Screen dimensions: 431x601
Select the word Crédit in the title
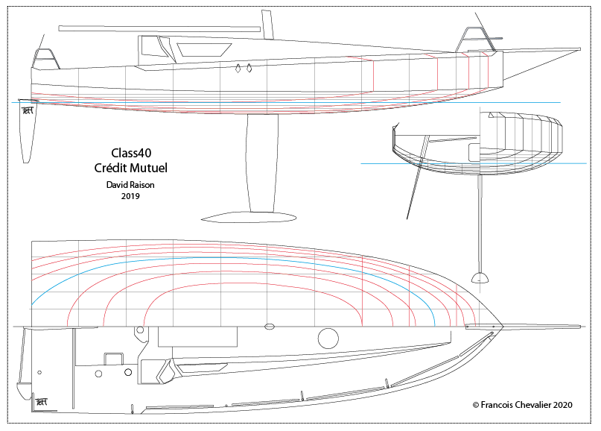point(112,168)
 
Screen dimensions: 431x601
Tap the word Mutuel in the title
point(152,168)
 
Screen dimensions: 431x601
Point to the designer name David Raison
point(130,184)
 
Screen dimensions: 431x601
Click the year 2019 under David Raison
point(130,196)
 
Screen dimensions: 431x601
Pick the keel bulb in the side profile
point(249,217)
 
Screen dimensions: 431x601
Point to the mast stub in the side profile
point(267,24)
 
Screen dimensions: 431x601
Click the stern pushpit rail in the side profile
point(45,57)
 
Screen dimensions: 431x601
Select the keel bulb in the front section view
point(480,278)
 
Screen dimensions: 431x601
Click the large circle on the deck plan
point(328,339)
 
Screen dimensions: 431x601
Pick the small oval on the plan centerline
point(270,327)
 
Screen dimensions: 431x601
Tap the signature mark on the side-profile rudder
point(28,110)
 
